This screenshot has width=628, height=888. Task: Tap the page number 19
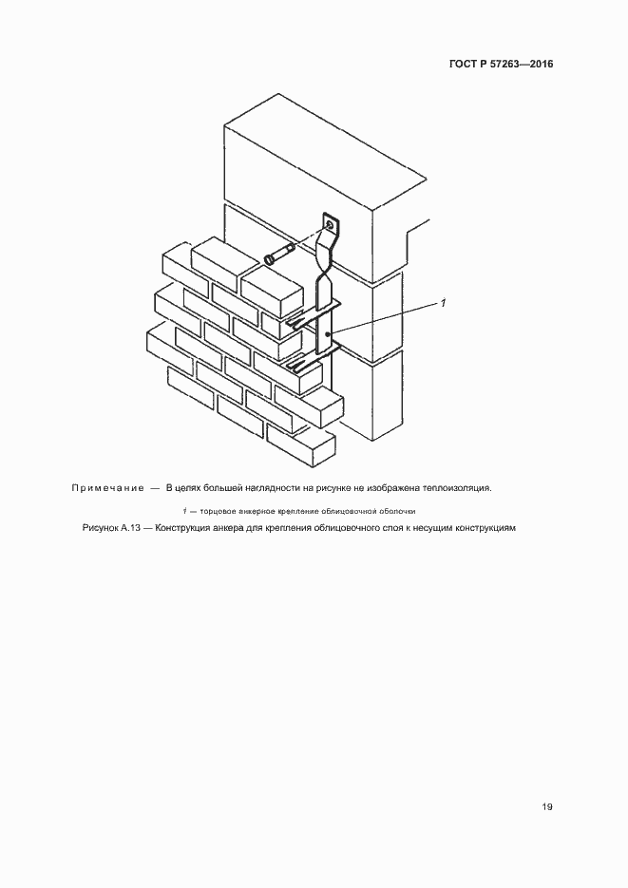[547, 807]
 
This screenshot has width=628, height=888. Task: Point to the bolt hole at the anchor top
[331, 225]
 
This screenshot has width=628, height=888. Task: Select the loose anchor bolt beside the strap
[279, 255]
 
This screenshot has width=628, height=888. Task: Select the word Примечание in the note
[106, 488]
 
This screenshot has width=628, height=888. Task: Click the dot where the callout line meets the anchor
[328, 334]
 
